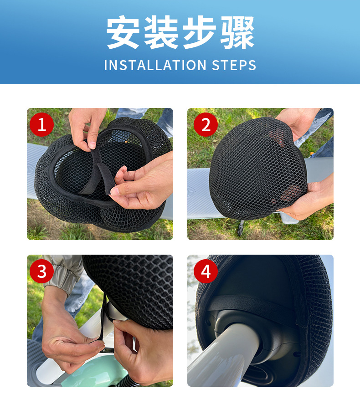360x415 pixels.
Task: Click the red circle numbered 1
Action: point(42,124)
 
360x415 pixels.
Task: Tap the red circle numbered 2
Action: point(206,124)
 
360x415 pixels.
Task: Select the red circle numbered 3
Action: point(42,271)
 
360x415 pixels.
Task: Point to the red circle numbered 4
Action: point(206,271)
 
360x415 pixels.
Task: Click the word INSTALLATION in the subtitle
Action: point(155,65)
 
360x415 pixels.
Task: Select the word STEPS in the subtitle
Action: point(234,65)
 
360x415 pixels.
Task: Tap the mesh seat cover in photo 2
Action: point(257,169)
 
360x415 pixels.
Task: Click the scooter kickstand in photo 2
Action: point(241,228)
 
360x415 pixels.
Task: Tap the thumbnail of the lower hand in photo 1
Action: point(115,191)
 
